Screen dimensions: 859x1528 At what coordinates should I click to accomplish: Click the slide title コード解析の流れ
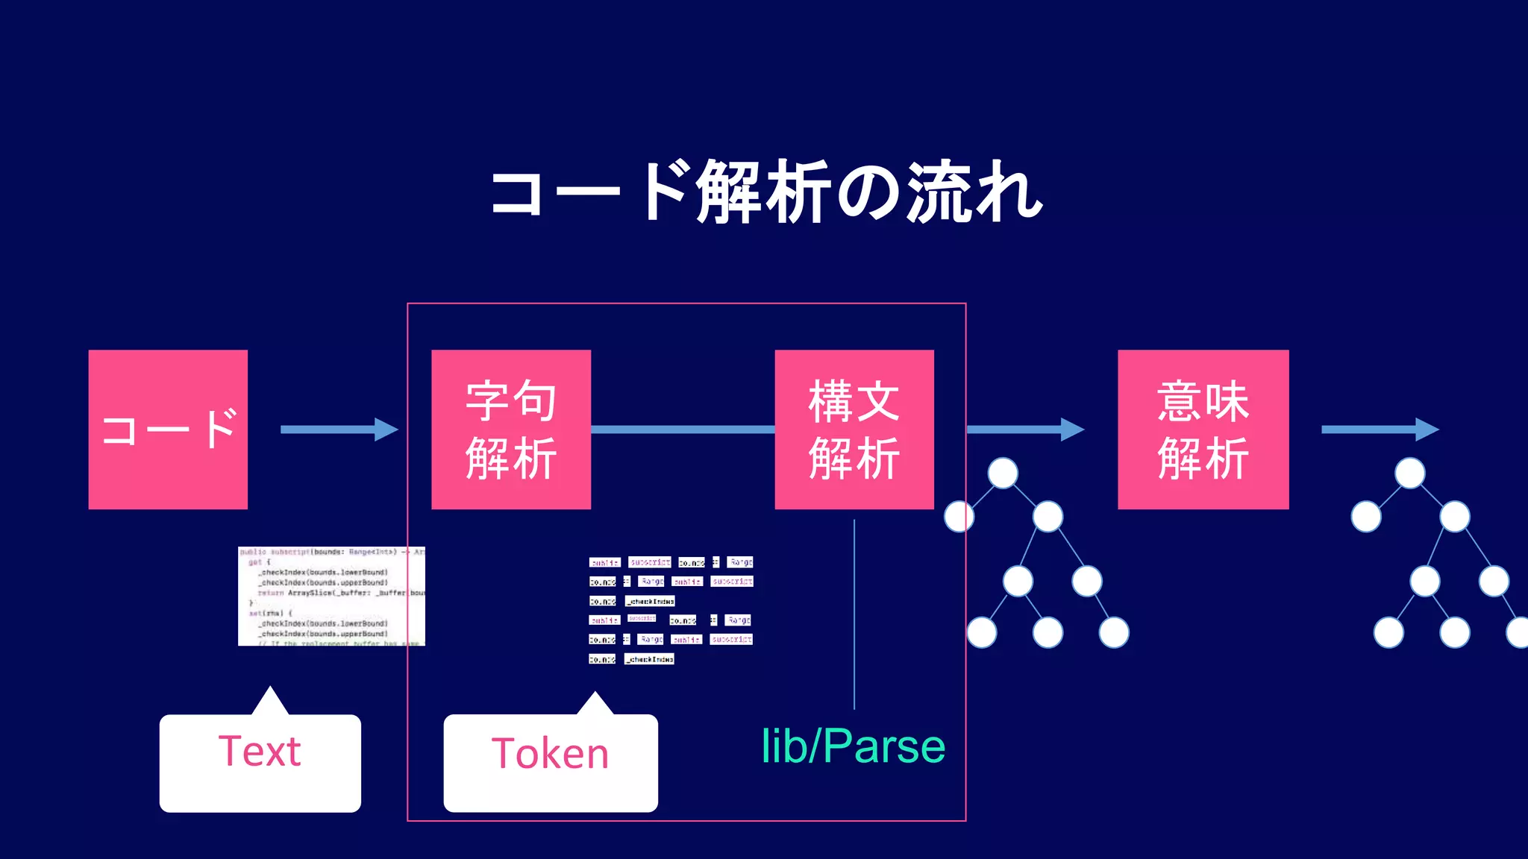pyautogui.click(x=765, y=192)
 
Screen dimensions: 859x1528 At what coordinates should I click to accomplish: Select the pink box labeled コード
pyautogui.click(x=168, y=429)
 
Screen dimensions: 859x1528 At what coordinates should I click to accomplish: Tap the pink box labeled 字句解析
pyautogui.click(x=511, y=429)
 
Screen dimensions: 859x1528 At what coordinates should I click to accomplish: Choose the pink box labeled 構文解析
pyautogui.click(x=854, y=429)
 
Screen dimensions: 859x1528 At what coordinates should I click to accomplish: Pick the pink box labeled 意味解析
pyautogui.click(x=1203, y=429)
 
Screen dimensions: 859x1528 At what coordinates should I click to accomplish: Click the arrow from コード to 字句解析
pyautogui.click(x=339, y=429)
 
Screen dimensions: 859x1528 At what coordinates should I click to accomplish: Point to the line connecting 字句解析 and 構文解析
pyautogui.click(x=683, y=429)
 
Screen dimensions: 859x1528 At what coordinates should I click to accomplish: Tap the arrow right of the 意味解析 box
pyautogui.click(x=1380, y=429)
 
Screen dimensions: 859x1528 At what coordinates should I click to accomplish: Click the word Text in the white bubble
pyautogui.click(x=260, y=751)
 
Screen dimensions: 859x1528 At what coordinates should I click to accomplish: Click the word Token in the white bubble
pyautogui.click(x=551, y=753)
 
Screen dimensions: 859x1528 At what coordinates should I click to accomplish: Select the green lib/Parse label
pyautogui.click(x=853, y=746)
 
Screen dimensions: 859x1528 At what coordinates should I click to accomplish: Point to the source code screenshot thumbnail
pyautogui.click(x=331, y=596)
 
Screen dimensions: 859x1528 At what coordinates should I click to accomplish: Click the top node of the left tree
pyautogui.click(x=1003, y=473)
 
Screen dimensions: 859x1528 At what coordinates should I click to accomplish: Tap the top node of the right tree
pyautogui.click(x=1409, y=473)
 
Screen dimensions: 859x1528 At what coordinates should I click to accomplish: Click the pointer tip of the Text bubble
pyautogui.click(x=270, y=690)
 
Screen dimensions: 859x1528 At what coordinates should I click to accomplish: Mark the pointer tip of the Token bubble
pyautogui.click(x=595, y=694)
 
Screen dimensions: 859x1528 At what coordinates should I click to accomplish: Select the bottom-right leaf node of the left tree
pyautogui.click(x=1114, y=632)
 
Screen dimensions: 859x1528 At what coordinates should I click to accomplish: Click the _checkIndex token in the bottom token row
pyautogui.click(x=650, y=659)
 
